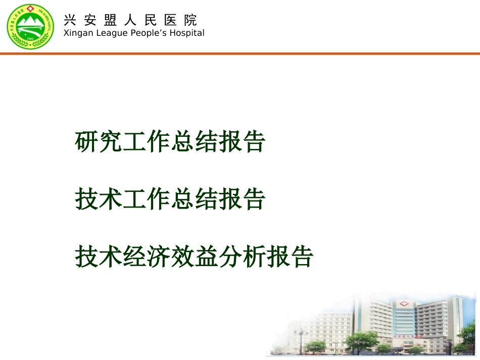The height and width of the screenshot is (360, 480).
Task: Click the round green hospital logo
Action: (x=30, y=26)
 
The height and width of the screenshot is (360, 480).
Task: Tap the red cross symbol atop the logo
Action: (x=30, y=10)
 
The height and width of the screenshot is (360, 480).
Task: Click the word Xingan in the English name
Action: (x=74, y=33)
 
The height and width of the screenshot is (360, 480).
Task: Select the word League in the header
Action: (x=105, y=33)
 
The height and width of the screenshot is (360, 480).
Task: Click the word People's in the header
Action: (x=146, y=33)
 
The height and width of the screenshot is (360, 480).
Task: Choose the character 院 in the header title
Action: (x=190, y=20)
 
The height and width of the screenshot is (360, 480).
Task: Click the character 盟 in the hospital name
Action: (x=110, y=20)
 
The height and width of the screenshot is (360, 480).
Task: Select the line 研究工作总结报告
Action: (x=170, y=142)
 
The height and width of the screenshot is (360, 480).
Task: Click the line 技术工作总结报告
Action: (x=170, y=199)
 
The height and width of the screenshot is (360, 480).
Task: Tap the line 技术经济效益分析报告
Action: (x=194, y=256)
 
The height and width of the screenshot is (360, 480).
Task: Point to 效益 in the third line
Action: (x=219, y=256)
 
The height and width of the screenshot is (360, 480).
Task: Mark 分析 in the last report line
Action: (x=267, y=256)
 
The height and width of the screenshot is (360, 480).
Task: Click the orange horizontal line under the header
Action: (x=240, y=53)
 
